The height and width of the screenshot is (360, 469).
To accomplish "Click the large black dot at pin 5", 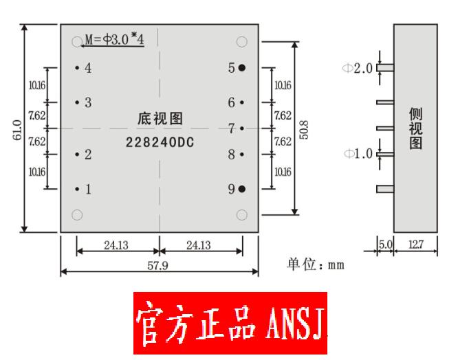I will click(x=242, y=67).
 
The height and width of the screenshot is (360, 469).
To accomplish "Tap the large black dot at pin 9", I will click(x=242, y=188).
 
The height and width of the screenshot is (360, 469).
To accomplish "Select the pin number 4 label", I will click(x=88, y=67).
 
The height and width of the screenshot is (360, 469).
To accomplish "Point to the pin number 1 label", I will click(x=88, y=188).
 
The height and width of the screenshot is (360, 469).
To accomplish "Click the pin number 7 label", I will click(x=232, y=128).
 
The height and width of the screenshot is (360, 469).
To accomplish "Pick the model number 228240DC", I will click(x=160, y=143).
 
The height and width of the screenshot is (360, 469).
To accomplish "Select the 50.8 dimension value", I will click(x=304, y=129).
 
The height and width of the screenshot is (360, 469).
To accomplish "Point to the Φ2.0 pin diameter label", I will click(x=358, y=68).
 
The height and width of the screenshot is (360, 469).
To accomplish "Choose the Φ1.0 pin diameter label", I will click(x=358, y=153).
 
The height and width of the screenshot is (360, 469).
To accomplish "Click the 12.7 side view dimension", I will click(x=416, y=245).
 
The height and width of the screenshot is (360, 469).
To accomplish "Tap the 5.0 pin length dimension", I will click(x=384, y=245).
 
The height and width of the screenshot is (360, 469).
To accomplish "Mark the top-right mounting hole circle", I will click(x=241, y=41).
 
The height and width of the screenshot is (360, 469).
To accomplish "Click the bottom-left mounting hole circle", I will click(x=77, y=215).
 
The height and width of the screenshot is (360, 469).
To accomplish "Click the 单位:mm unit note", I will click(x=316, y=264).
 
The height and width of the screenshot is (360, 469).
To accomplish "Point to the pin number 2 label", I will click(x=88, y=154).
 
